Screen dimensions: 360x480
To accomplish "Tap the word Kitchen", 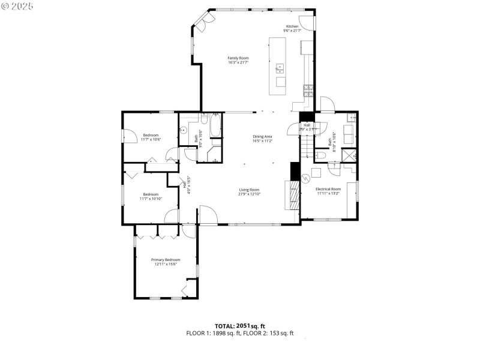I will click(x=292, y=26).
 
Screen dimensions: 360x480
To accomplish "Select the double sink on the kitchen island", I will click(x=280, y=68).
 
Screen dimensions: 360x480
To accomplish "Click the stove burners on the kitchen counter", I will click(x=308, y=91).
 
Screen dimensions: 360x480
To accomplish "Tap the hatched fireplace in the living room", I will click(x=294, y=196).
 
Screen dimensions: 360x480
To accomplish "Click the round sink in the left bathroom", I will click(x=184, y=129).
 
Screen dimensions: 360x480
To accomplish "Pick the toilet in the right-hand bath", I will click(x=320, y=155).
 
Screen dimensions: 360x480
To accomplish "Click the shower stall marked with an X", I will click(x=349, y=155).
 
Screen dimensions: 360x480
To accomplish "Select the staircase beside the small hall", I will click(x=307, y=143).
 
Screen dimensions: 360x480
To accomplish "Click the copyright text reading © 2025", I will click(x=18, y=5).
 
